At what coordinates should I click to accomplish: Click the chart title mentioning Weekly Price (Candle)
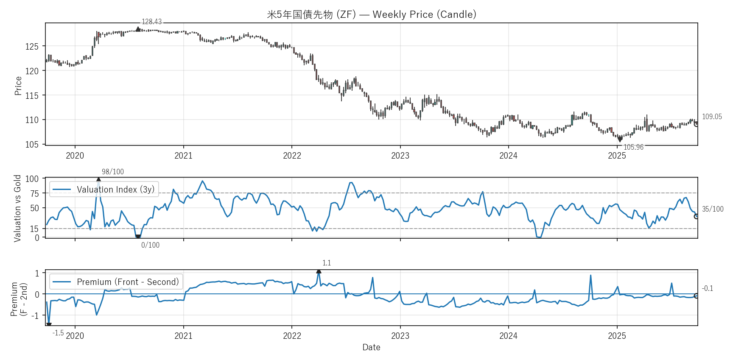(371, 14)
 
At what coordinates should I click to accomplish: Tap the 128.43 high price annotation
(151, 22)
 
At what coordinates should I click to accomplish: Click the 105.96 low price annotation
(633, 147)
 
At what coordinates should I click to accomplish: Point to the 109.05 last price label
(712, 117)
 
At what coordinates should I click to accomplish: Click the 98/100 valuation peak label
(113, 172)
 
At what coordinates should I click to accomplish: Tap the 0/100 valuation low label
(150, 245)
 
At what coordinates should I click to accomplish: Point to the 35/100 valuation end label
(713, 209)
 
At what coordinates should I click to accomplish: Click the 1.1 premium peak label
(327, 263)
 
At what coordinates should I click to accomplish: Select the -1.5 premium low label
(58, 333)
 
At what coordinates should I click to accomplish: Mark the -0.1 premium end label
(708, 288)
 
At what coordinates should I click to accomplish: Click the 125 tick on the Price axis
(32, 46)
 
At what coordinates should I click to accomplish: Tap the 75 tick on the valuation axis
(34, 193)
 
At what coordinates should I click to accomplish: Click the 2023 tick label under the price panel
(400, 156)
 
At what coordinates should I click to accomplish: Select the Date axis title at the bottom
(371, 347)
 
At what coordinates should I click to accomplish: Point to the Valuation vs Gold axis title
(17, 208)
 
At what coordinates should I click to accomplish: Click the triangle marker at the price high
(138, 29)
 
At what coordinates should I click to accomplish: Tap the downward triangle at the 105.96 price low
(620, 140)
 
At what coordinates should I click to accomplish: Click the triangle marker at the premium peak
(319, 271)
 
